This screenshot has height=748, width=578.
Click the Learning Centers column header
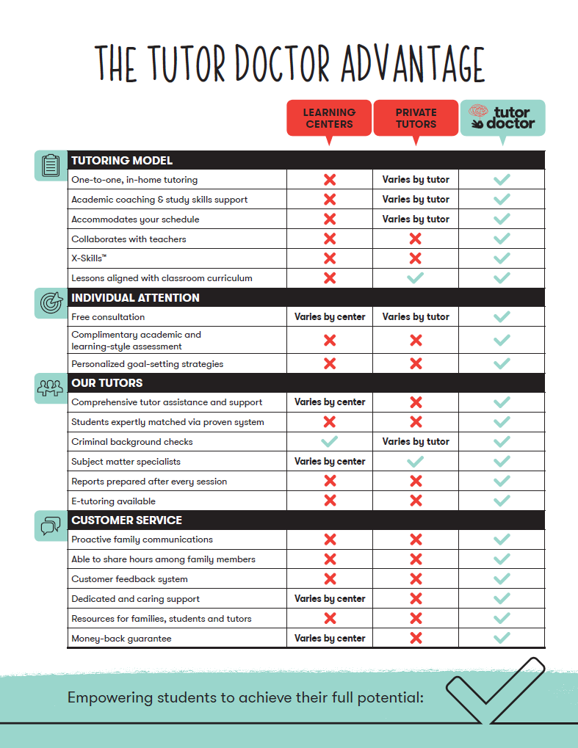329,118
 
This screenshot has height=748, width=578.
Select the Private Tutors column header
416,118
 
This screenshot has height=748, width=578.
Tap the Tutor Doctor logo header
502,117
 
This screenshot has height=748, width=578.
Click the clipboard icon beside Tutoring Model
51,165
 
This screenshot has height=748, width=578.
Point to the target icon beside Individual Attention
51,302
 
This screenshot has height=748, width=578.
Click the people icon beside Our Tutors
51,388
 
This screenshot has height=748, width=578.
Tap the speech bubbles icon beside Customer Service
51,525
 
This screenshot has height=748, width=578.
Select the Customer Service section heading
126,520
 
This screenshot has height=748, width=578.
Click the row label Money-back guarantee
121,639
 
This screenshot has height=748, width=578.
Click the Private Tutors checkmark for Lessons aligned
416,278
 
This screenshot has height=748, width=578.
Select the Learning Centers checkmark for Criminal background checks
330,442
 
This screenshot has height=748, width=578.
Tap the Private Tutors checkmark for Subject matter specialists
416,462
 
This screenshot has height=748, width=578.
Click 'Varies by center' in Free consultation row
330,317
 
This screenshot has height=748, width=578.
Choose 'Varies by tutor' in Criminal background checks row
416,442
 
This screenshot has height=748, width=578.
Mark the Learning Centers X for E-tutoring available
330,501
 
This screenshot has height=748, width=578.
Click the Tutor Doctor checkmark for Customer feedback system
502,579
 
